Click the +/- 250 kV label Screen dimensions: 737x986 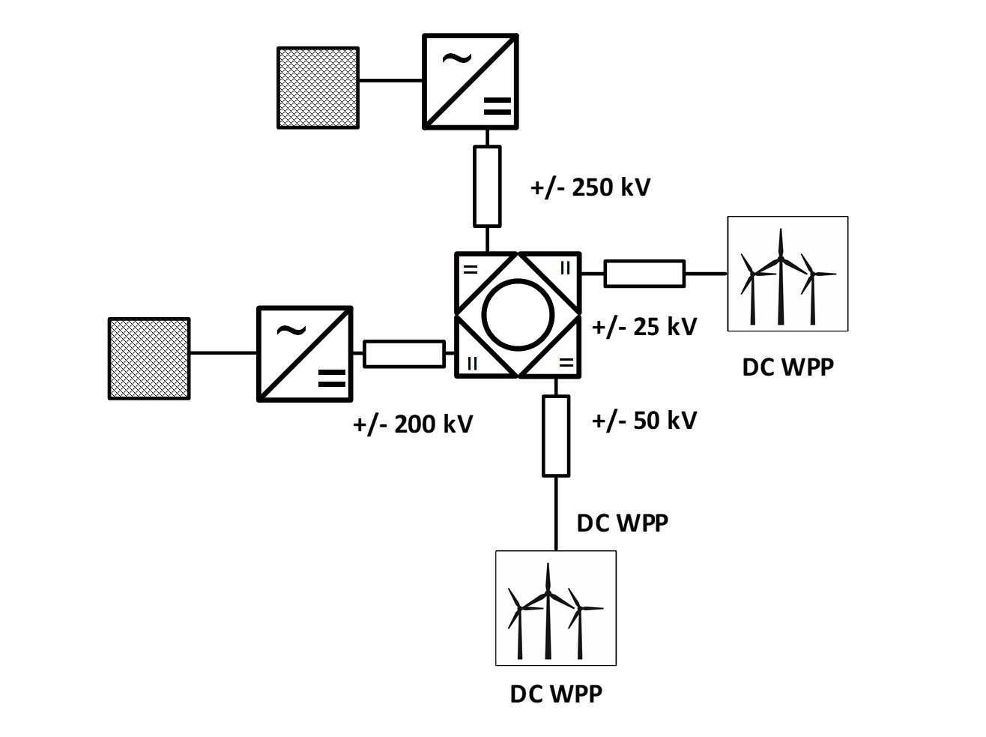point(590,187)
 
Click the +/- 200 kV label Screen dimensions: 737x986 point(413,424)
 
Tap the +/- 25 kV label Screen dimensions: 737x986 point(644,327)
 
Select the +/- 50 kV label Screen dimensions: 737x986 point(644,421)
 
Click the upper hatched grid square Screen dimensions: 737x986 point(318,88)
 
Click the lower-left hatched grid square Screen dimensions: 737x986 point(149,358)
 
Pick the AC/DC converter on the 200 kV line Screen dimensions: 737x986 point(305,353)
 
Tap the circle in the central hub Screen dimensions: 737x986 point(518,315)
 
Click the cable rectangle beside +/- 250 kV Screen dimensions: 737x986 point(487,186)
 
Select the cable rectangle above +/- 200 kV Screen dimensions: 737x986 point(404,354)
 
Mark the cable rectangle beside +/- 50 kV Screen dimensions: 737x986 point(556,436)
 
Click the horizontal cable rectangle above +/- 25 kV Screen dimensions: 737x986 point(644,274)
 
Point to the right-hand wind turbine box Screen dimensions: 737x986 point(787,274)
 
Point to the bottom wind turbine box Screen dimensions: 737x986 point(556,608)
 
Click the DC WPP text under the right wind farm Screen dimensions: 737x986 point(787,367)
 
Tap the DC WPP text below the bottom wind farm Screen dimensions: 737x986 point(556,694)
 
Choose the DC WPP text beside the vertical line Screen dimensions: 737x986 point(622,523)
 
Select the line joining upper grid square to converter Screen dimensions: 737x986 point(390,80)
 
